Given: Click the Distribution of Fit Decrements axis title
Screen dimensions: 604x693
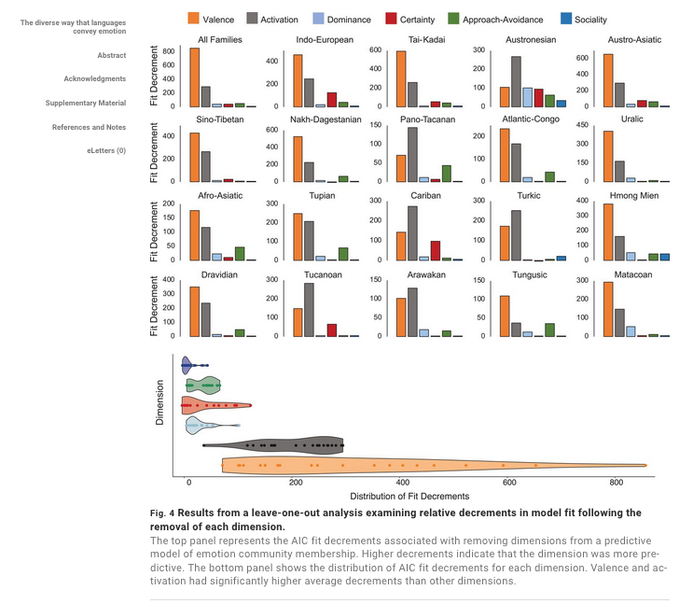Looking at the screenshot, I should click(x=409, y=497).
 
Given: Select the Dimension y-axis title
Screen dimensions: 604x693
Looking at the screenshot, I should click(x=159, y=403).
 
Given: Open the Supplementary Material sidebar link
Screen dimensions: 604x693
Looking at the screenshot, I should click(x=86, y=103).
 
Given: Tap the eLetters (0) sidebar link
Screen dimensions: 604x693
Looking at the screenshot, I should click(x=106, y=150).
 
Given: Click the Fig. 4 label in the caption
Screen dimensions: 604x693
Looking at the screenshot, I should click(x=163, y=513).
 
